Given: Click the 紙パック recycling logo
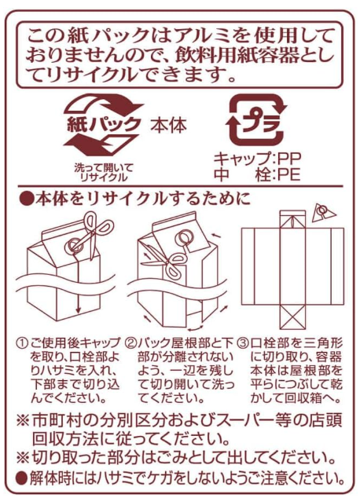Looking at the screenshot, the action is click(x=103, y=124).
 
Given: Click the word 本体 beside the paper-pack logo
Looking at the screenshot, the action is click(x=168, y=125).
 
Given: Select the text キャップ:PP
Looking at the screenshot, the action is click(x=257, y=158).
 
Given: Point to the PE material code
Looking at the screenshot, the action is click(x=289, y=174).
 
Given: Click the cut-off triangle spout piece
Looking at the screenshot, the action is click(x=324, y=213).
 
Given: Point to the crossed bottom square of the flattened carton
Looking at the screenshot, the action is click(x=292, y=317).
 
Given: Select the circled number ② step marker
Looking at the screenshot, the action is click(x=131, y=343).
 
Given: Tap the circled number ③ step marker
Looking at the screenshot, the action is click(x=244, y=343).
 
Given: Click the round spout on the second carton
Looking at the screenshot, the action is click(x=183, y=238).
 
